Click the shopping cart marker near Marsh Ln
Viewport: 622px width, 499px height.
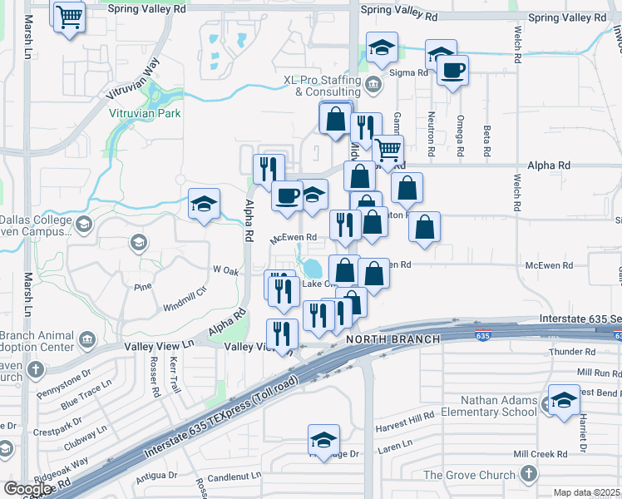coord(69,16)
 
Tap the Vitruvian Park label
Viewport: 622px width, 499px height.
coord(146,112)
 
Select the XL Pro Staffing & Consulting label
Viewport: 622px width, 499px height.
coord(323,86)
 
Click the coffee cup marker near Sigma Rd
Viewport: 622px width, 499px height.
coord(452,72)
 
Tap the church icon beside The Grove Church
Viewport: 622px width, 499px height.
coord(529,475)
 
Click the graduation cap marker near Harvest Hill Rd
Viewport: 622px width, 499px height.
coord(323,441)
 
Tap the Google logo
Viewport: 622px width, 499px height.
coord(27,489)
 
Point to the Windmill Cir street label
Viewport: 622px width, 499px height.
coord(184,293)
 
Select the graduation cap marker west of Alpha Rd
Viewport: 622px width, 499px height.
coord(204,205)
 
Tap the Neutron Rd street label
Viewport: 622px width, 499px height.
coord(432,136)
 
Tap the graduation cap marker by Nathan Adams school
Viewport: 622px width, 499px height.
coord(564,402)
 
